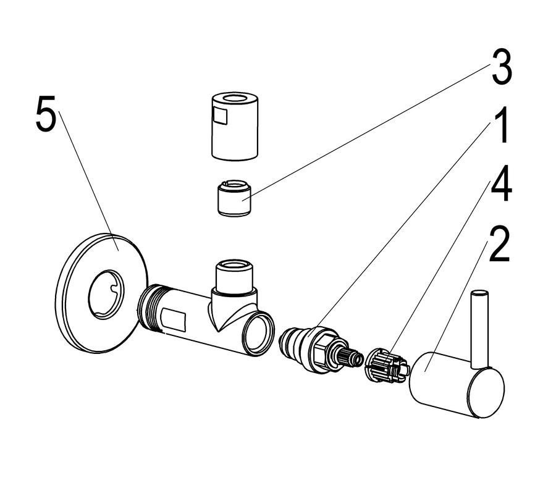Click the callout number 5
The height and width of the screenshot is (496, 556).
click(46, 114)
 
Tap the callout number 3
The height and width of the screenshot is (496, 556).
click(501, 67)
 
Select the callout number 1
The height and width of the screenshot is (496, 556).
click(500, 126)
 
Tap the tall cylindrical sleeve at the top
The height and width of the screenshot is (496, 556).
click(235, 126)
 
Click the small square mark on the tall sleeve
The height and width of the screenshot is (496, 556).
click(221, 116)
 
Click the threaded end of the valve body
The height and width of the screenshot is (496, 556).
click(150, 307)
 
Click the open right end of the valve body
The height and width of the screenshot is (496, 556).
click(258, 334)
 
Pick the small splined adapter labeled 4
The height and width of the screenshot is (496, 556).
click(387, 366)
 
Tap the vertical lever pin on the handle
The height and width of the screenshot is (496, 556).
click(480, 329)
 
